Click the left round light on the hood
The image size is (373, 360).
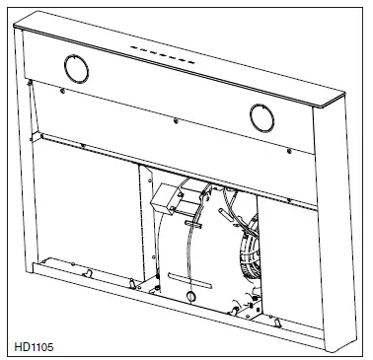coord(75,68)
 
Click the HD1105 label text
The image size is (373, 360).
coord(37,345)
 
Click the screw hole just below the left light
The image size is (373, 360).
coord(64,94)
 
